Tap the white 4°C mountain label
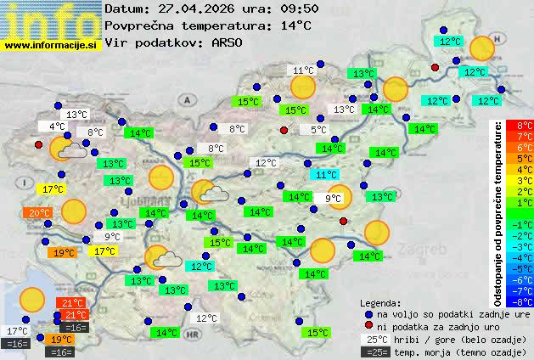pos(57,127)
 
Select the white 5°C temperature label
pos(318,130)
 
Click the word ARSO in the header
pos(228,42)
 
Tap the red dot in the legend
pos(368,327)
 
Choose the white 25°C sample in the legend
pos(375,340)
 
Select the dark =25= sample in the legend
pos(375,352)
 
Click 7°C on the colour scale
pos(525,136)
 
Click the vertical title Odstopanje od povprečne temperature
pos(498,212)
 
